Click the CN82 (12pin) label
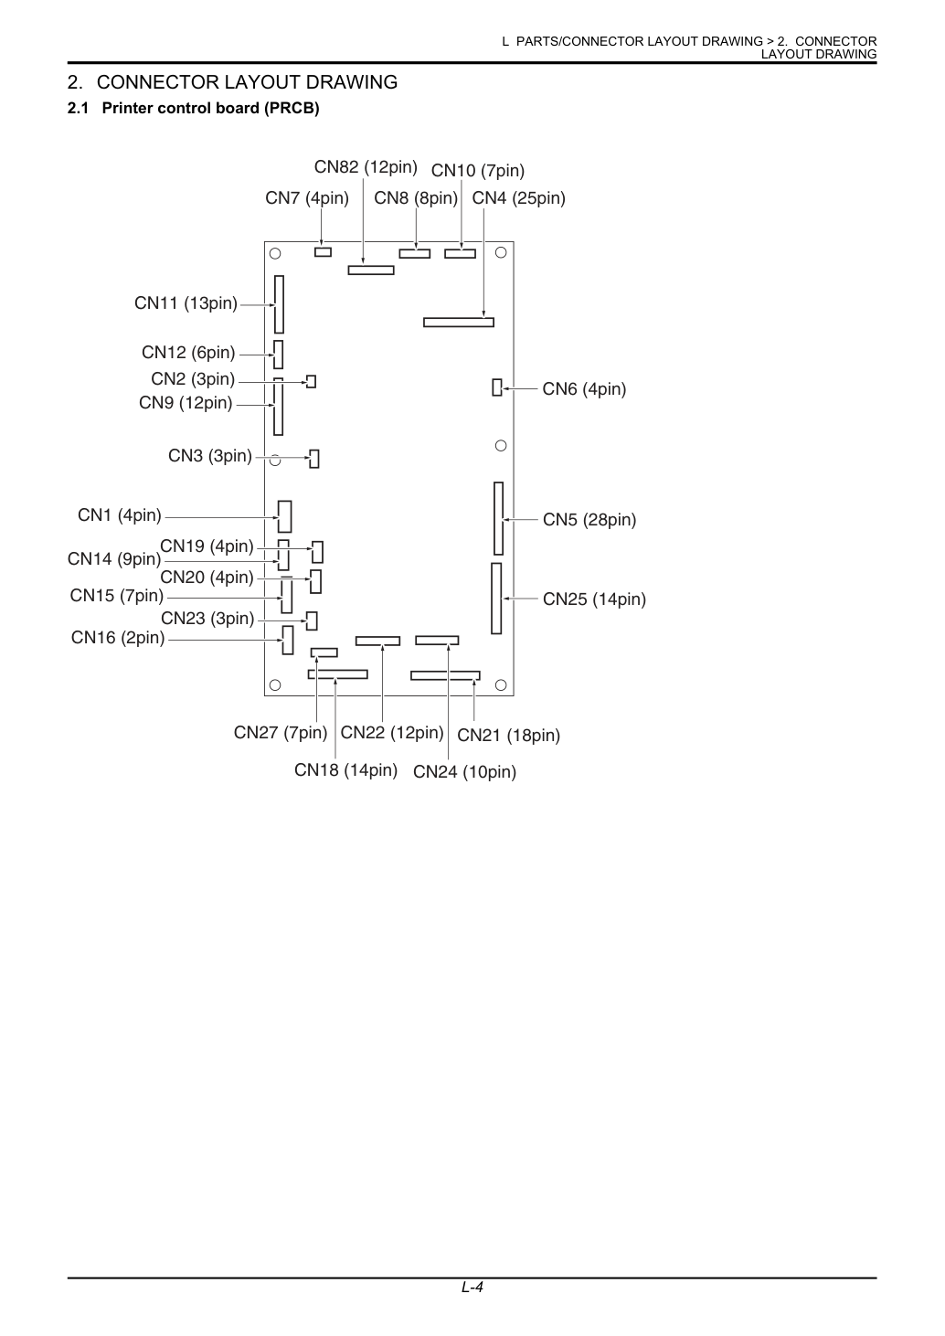tap(366, 167)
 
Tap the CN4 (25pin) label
tap(518, 198)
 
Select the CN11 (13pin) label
tap(186, 303)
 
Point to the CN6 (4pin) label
tap(584, 389)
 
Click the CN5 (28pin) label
tap(589, 519)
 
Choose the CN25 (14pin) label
tap(594, 599)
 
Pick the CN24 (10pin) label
tap(464, 772)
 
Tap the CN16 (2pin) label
tap(118, 638)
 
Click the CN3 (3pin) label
tap(210, 456)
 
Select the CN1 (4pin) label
tap(120, 514)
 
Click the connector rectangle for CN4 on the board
tap(459, 323)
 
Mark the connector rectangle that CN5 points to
tap(499, 518)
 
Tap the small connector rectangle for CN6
tap(497, 387)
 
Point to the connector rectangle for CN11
tap(280, 304)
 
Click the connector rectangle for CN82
tap(371, 270)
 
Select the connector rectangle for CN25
tap(496, 599)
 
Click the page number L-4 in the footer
tap(472, 1287)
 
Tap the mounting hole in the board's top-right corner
tap(501, 253)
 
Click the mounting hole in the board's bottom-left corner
tap(275, 684)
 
